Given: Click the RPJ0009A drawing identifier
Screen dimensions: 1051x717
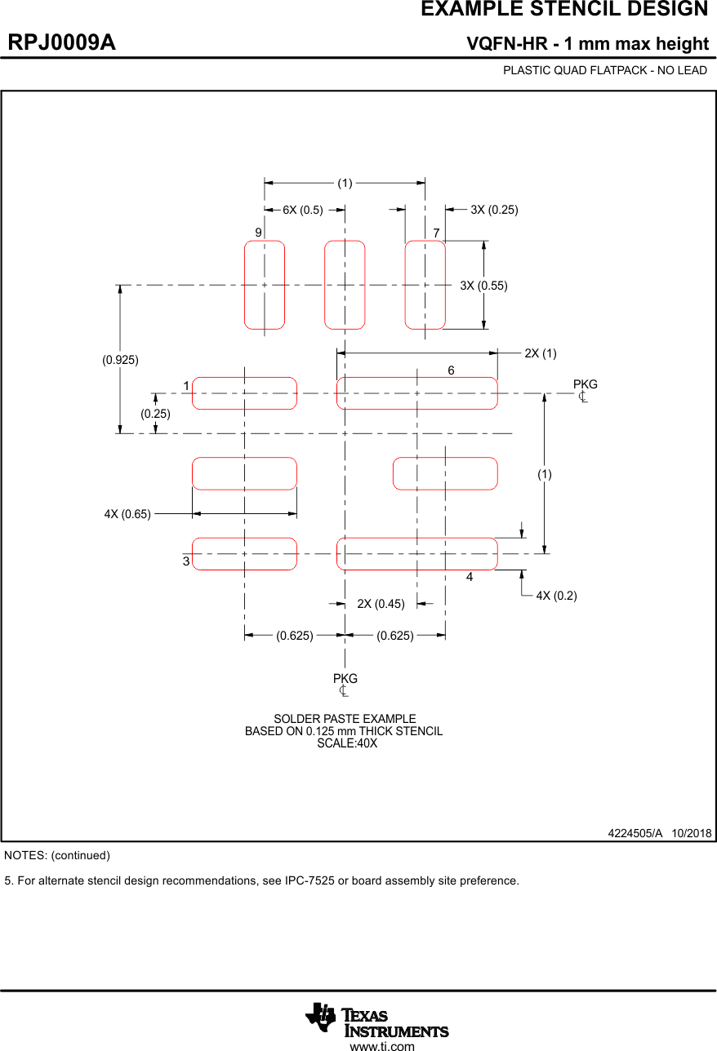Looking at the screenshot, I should click(x=62, y=43).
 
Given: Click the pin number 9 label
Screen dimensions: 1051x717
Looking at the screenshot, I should click(x=258, y=233).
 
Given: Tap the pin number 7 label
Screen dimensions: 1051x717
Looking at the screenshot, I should click(x=437, y=233).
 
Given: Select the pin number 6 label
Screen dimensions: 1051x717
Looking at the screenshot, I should click(x=451, y=370).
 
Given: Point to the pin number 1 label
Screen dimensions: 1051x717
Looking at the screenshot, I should click(x=186, y=385).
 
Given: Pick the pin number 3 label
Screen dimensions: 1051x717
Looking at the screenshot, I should click(x=186, y=561).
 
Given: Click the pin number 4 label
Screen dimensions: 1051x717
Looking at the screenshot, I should click(x=470, y=577).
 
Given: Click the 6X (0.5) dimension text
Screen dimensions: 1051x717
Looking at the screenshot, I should click(x=303, y=210).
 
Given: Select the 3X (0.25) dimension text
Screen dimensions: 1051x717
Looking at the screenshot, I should click(x=494, y=210).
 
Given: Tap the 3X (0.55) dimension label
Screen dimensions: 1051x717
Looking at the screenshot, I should click(x=483, y=286).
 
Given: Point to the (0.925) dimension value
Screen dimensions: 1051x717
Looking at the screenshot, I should click(x=120, y=359).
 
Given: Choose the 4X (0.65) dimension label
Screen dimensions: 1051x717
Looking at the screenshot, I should click(x=127, y=514).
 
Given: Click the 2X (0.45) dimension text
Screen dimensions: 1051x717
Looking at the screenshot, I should click(x=381, y=604).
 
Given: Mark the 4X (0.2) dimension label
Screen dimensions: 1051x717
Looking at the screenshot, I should click(x=556, y=596).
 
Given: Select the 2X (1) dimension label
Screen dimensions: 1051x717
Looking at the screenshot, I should click(x=541, y=353).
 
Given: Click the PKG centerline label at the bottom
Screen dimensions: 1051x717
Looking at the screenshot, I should click(x=345, y=679).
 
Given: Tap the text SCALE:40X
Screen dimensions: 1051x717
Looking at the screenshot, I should click(x=347, y=743).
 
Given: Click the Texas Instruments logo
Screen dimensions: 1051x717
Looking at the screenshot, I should click(x=377, y=1019).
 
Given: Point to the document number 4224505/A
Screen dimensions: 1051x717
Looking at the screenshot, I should click(x=635, y=833).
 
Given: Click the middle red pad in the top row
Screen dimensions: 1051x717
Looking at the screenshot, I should click(x=345, y=285).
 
